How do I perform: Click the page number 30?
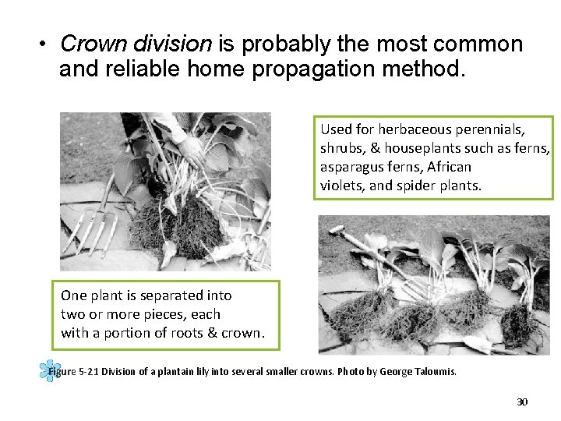(522, 402)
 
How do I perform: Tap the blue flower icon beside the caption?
(49, 371)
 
